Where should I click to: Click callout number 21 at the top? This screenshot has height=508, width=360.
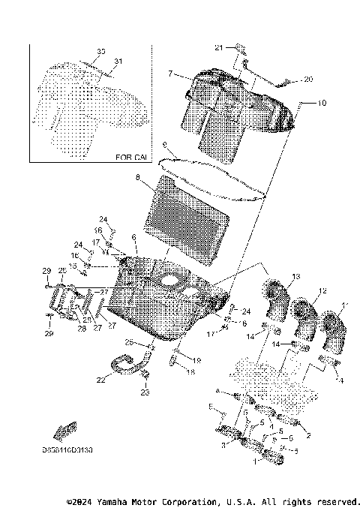219,47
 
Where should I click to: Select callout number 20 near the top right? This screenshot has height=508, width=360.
308,79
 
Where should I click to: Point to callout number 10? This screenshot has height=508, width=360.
322,102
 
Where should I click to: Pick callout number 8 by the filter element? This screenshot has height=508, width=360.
137,177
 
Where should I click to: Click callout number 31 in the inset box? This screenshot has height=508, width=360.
118,62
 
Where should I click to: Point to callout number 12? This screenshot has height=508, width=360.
322,290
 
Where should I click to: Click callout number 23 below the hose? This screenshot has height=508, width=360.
145,392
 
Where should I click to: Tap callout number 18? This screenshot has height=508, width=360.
190,371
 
